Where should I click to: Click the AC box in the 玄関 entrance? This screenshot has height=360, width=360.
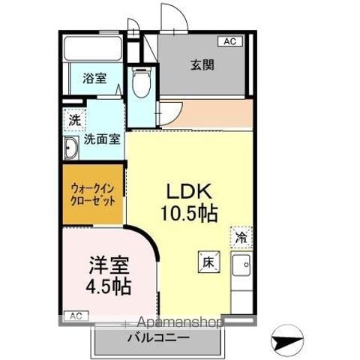pyautogui.click(x=230, y=41)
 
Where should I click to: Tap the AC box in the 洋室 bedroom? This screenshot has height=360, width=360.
pyautogui.click(x=76, y=316)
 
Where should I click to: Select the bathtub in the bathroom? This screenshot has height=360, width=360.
pyautogui.click(x=93, y=49)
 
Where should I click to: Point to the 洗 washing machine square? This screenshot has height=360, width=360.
pyautogui.click(x=75, y=121)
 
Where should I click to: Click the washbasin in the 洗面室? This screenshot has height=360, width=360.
pyautogui.click(x=70, y=148)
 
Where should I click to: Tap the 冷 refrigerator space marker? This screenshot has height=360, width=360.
pyautogui.click(x=241, y=237)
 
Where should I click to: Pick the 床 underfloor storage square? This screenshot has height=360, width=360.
pyautogui.click(x=209, y=262)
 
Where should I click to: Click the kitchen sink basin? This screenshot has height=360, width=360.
pyautogui.click(x=241, y=265)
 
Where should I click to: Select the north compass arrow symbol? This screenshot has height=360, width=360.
pyautogui.click(x=287, y=341)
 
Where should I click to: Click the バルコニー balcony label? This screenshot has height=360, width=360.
pyautogui.click(x=158, y=338)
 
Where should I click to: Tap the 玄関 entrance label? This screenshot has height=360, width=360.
pyautogui.click(x=202, y=65)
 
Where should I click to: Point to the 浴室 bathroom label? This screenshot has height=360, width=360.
pyautogui.click(x=94, y=78)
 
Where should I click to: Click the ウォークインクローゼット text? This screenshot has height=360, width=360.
pyautogui.click(x=93, y=194)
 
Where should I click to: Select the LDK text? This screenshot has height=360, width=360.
pyautogui.click(x=189, y=192)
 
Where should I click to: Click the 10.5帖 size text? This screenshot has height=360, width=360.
pyautogui.click(x=189, y=214)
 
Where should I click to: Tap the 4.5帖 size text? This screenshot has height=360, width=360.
pyautogui.click(x=109, y=286)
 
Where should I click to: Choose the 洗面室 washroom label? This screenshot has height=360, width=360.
pyautogui.click(x=102, y=139)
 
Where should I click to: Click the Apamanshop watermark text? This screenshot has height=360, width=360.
pyautogui.click(x=179, y=322)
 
